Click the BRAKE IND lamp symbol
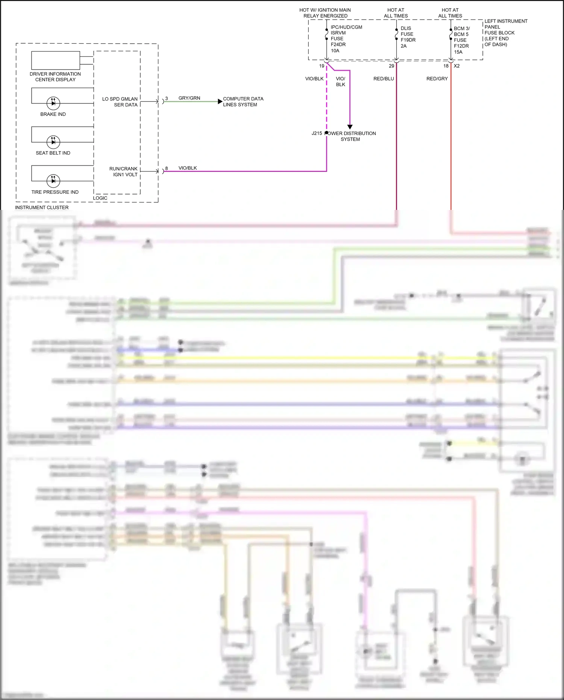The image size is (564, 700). pos(53,103)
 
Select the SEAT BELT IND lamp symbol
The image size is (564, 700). pos(53,142)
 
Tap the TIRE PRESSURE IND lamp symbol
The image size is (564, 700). pos(53,181)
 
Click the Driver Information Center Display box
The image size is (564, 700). pos(56,60)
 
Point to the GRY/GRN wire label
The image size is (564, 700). pos(189,98)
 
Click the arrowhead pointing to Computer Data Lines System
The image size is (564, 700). pos(220,102)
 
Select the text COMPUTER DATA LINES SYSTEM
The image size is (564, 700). pos(243,102)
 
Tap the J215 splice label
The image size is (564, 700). pos(317,133)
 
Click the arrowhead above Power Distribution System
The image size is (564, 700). pos(350,127)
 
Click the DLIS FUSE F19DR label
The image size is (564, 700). pos(408,37)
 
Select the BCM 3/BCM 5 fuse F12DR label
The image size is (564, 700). pos(461,40)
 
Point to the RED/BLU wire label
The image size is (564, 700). pos(384,79)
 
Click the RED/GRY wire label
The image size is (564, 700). pos(437,79)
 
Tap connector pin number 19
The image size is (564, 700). pos(321,66)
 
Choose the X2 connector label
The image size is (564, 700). pos(456,66)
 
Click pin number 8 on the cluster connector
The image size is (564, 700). pos(167,168)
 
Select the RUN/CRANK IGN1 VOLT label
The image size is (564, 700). pos(123,172)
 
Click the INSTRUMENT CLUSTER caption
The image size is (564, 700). pos(42,207)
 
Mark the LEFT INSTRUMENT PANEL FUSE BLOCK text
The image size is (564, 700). pos(505,33)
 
